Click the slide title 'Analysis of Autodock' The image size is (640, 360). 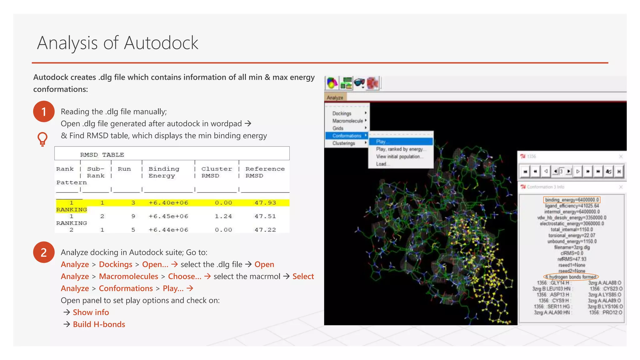pos(117,43)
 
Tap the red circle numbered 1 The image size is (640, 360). pos(44,112)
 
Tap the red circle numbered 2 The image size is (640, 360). pos(44,252)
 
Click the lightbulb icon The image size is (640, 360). pos(42,139)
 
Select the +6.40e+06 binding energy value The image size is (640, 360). pos(168,203)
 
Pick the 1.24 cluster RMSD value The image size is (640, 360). pos(223,216)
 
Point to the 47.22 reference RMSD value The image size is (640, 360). pos(265,230)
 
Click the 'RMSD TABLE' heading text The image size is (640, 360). pos(102,155)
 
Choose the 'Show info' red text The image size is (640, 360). pos(91,312)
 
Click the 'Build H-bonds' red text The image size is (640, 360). pos(99,324)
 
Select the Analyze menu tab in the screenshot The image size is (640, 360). pos(335,97)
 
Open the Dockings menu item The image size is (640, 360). pos(342,113)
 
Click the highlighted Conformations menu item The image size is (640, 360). pos(347,136)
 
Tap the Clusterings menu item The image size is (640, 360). pos(344,143)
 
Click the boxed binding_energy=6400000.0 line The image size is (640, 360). pos(572,200)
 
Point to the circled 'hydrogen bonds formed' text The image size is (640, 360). pos(572,277)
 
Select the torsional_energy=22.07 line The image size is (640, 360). pos(572,235)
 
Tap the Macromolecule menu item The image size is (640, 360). pos(347,121)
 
